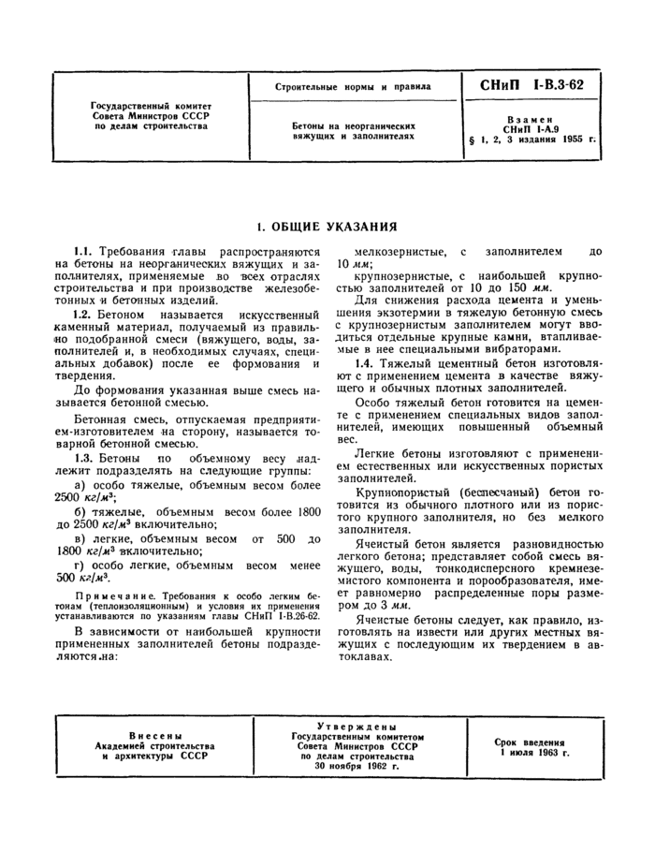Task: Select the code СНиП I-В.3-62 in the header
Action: (x=531, y=85)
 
